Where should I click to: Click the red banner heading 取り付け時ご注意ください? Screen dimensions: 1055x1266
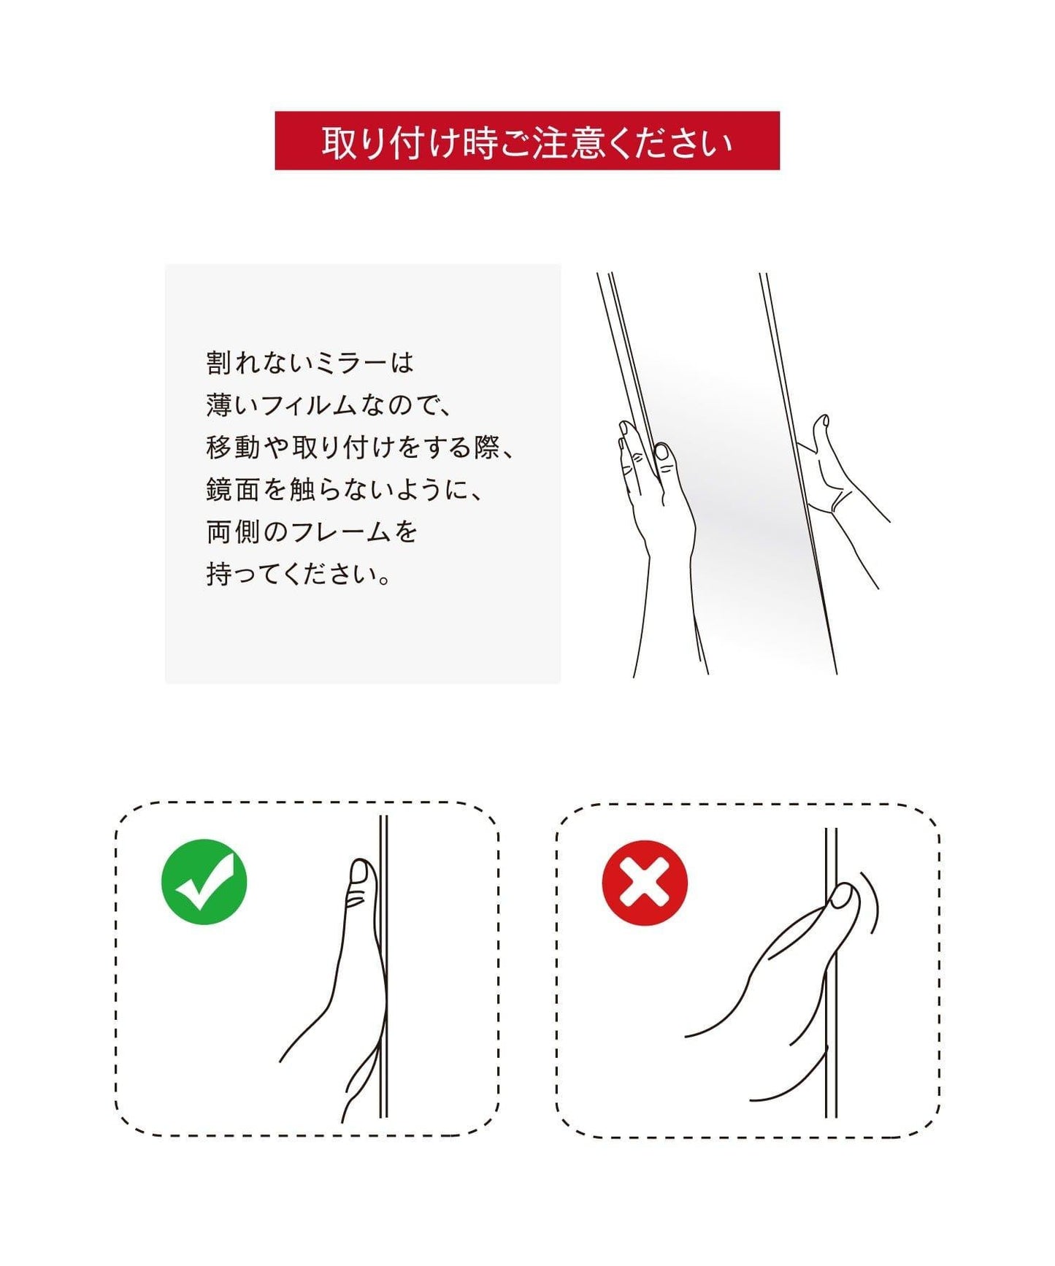tap(527, 141)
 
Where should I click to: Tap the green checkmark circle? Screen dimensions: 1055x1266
tap(204, 882)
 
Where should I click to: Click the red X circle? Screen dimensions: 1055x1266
tap(645, 883)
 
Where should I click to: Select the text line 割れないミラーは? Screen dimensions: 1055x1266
tap(310, 363)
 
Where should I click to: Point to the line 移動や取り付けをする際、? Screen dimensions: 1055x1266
tap(361, 448)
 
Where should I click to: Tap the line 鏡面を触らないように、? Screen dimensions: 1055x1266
tap(345, 490)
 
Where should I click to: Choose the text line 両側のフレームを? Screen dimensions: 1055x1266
tap(312, 532)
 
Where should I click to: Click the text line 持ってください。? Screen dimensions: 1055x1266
tap(300, 575)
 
